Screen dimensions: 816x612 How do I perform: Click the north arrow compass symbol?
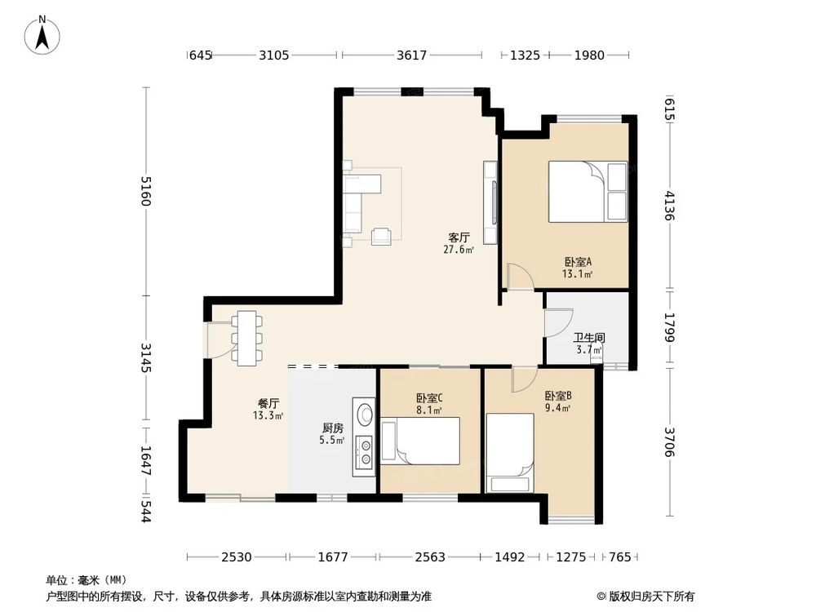(42, 35)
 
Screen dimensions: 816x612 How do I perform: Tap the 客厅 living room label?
(459, 237)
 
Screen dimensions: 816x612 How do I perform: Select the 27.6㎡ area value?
(459, 250)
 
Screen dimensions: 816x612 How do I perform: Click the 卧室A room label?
(578, 262)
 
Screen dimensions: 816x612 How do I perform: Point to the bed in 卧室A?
(588, 192)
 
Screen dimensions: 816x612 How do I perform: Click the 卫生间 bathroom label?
(589, 338)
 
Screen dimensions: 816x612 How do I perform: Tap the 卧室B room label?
(558, 396)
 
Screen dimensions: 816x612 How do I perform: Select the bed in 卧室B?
(510, 453)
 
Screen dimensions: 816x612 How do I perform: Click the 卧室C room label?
(429, 398)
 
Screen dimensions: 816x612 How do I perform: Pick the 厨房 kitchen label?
(333, 428)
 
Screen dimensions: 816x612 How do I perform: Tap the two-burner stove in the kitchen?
(364, 452)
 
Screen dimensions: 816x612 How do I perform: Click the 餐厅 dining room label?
(268, 403)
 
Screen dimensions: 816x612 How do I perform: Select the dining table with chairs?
(246, 339)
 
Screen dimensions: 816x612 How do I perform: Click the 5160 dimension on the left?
(146, 191)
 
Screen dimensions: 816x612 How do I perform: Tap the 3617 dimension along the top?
(411, 55)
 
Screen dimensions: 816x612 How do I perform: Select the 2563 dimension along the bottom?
(430, 557)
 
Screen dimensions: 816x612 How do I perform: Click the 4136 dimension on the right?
(670, 206)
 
